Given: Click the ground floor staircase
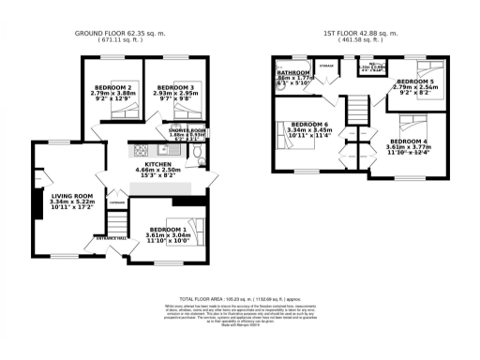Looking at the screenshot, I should pos(115,222).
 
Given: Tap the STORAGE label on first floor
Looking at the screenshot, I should pos(326,67).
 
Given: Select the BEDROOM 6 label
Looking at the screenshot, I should pos(308,125).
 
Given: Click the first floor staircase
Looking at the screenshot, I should pos(357,112).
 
